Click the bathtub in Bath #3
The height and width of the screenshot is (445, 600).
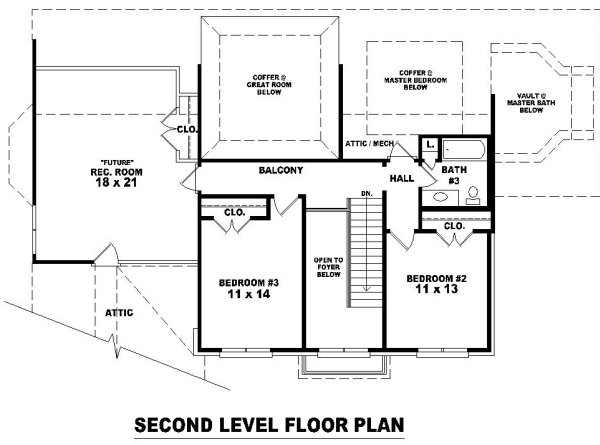(x=464, y=150)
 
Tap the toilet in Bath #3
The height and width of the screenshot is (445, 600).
(x=473, y=195)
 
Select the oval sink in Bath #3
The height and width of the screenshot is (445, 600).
(x=440, y=197)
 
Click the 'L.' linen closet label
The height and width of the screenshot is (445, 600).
(x=430, y=145)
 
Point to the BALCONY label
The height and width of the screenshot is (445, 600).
(x=281, y=170)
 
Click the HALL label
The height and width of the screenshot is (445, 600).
(x=402, y=178)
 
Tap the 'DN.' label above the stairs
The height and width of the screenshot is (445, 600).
(x=367, y=194)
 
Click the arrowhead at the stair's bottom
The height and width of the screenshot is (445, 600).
(x=367, y=289)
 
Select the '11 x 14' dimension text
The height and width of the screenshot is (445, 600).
(x=249, y=294)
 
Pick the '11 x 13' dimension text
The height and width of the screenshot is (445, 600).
(x=437, y=289)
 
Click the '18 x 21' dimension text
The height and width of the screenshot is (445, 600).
(x=116, y=183)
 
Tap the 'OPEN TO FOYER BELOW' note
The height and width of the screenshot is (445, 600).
(x=328, y=267)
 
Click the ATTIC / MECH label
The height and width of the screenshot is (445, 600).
(x=369, y=143)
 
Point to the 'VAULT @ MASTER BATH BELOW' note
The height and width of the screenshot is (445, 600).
(x=531, y=103)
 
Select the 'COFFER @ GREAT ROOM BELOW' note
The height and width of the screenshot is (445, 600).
(x=269, y=85)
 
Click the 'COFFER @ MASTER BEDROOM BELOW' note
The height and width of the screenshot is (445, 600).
(x=416, y=80)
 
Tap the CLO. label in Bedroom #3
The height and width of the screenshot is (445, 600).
(x=235, y=212)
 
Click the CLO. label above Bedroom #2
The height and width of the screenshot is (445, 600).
(x=455, y=226)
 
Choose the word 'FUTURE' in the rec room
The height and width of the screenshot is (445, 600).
(x=117, y=162)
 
